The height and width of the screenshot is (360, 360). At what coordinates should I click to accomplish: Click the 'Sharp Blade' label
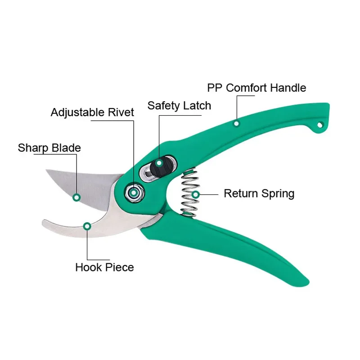pyautogui.click(x=49, y=148)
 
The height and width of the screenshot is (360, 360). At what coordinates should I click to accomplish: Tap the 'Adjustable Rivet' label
pyautogui.click(x=92, y=112)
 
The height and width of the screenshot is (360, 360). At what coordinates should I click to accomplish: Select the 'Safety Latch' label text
pyautogui.click(x=179, y=106)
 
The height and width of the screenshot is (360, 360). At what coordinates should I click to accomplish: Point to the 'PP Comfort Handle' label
pyautogui.click(x=256, y=87)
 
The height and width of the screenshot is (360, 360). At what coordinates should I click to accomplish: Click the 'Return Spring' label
pyautogui.click(x=259, y=193)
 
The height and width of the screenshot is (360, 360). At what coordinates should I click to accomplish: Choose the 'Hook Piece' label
pyautogui.click(x=104, y=267)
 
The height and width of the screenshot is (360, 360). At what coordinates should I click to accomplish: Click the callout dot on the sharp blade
pyautogui.click(x=76, y=197)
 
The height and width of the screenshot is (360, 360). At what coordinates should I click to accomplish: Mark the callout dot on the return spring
pyautogui.click(x=196, y=194)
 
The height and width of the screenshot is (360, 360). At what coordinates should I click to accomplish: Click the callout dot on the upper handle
pyautogui.click(x=237, y=123)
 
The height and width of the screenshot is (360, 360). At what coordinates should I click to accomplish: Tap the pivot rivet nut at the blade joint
pyautogui.click(x=134, y=193)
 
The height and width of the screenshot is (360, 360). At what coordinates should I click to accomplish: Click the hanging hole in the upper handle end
pyautogui.click(x=320, y=125)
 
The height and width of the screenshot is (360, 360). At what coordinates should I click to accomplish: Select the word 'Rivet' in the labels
pyautogui.click(x=121, y=112)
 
